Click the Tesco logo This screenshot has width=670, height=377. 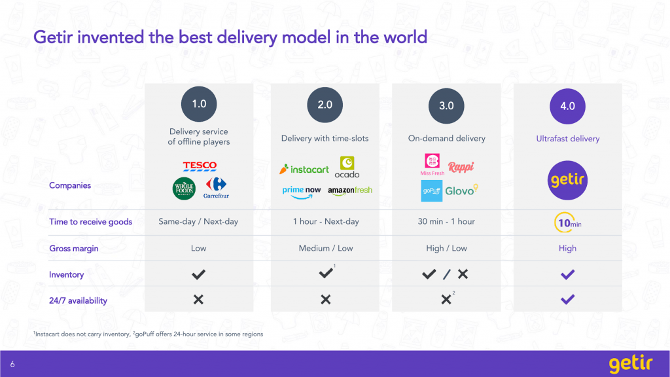200,166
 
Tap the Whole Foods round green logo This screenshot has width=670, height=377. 184,188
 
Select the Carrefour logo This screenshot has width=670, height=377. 216,188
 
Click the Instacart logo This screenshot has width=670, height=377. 304,170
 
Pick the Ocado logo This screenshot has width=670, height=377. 347,167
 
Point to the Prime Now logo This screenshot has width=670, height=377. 301,192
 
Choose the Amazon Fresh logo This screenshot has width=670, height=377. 350,190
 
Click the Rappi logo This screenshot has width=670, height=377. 461,167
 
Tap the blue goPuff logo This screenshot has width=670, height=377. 432,190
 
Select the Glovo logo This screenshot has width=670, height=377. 461,190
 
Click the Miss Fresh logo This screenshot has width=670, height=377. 432,164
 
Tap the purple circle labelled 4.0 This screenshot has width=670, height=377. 567,106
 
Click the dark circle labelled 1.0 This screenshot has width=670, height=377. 199,104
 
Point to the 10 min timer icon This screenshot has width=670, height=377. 567,223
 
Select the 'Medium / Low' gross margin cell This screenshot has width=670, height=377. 326,248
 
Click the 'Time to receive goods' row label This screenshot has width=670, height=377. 90,222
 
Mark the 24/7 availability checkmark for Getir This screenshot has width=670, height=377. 567,300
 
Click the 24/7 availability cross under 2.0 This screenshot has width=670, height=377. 326,300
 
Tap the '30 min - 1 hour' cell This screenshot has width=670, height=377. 446,221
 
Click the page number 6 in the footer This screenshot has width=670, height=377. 12,364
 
